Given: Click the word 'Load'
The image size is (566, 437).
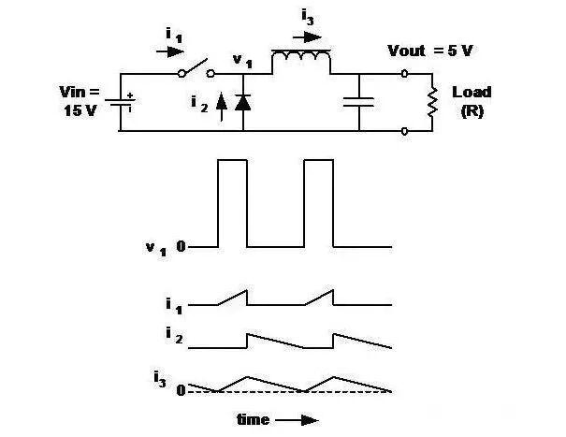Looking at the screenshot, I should pyautogui.click(x=472, y=93).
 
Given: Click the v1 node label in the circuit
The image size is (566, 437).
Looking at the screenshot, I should pyautogui.click(x=241, y=61).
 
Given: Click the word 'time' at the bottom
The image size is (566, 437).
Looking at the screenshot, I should pyautogui.click(x=254, y=420).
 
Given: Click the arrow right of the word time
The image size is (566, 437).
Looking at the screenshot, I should pyautogui.click(x=298, y=420).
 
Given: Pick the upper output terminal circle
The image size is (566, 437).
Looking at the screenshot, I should pyautogui.click(x=404, y=72).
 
